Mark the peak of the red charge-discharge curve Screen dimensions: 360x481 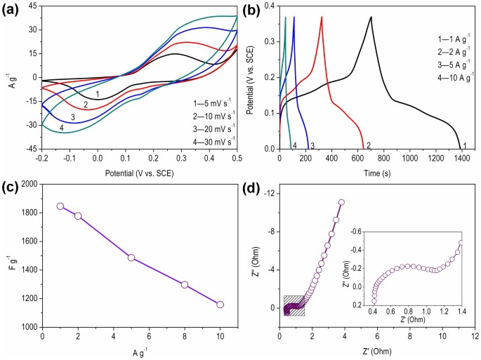pyautogui.click(x=322, y=17)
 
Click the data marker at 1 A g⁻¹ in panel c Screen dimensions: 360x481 pyautogui.click(x=60, y=206)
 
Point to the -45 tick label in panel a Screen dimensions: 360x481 pyautogui.click(x=29, y=149)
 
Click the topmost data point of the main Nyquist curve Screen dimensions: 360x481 pyautogui.click(x=342, y=202)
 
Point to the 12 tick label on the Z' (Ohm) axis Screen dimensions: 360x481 pyautogui.click(x=475, y=335)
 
